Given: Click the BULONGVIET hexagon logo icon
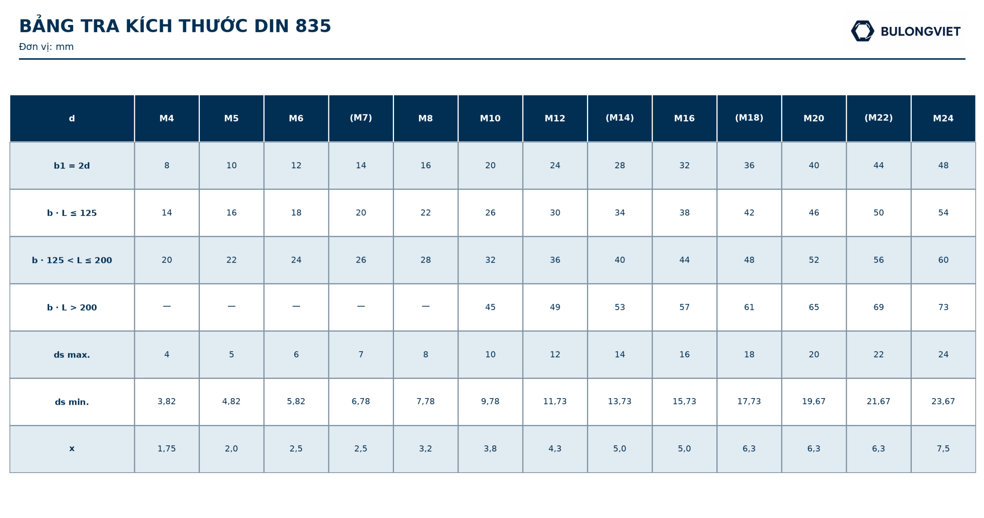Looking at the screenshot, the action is click(862, 31).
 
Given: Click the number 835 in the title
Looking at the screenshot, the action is click(313, 26).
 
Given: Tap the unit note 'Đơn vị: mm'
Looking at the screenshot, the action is click(46, 47).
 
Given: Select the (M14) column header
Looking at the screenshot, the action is click(620, 118).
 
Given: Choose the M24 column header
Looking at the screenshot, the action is click(943, 118).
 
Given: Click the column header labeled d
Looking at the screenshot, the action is click(72, 118).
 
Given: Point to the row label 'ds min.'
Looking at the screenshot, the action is click(72, 402).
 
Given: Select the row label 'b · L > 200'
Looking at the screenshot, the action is click(72, 308).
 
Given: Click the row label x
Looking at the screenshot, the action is click(72, 448).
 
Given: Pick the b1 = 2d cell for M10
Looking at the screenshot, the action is click(490, 165).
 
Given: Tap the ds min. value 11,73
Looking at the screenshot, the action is click(555, 402).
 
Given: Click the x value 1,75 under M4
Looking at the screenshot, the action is click(166, 449).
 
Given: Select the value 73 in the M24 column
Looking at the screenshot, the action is click(943, 307).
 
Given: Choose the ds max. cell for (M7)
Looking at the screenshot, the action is click(361, 354).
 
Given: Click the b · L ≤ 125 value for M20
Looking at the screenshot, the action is click(814, 213).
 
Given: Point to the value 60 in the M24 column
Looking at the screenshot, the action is click(943, 260).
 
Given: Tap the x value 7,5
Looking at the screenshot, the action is click(943, 449).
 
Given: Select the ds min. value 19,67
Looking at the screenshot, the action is click(814, 402).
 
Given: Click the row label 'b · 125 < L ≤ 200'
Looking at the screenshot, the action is click(72, 260).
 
